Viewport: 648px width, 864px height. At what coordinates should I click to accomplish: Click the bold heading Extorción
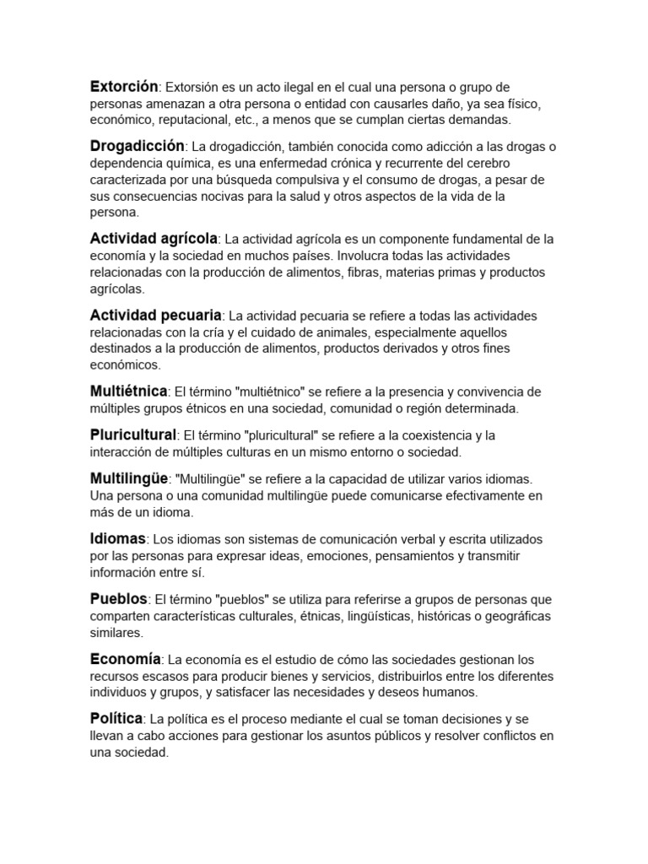[124, 86]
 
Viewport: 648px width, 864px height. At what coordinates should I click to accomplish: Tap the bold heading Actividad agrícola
[154, 238]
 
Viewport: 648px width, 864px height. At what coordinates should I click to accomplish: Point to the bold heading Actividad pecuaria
[155, 315]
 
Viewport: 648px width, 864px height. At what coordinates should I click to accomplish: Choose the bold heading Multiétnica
[129, 391]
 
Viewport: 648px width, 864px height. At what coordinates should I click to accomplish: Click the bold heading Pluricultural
[133, 435]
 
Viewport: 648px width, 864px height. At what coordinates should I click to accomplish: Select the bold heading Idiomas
[118, 537]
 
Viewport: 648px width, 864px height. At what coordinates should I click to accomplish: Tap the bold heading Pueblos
[118, 598]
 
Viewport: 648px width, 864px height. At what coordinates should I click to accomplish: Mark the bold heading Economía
[125, 658]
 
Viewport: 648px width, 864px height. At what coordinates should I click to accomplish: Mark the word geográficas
[515, 616]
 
